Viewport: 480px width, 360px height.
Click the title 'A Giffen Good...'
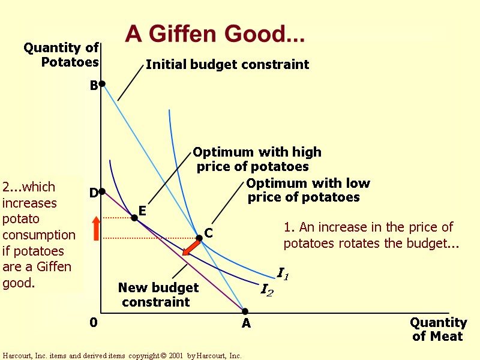pyautogui.click(x=215, y=35)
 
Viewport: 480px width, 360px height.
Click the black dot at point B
pyautogui.click(x=102, y=84)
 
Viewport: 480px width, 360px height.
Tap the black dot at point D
pyautogui.click(x=102, y=191)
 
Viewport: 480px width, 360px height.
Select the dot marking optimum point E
pyautogui.click(x=134, y=218)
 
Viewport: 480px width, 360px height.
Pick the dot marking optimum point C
pyautogui.click(x=200, y=238)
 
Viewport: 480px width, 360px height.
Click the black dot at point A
pyautogui.click(x=245, y=311)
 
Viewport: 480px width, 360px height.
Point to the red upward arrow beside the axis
pyautogui.click(x=96, y=229)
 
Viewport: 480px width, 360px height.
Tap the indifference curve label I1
pyautogui.click(x=283, y=274)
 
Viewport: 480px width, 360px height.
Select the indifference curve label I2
pyautogui.click(x=266, y=290)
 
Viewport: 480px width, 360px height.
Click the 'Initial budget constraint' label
pyautogui.click(x=227, y=64)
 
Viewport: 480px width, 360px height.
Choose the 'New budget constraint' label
pyautogui.click(x=158, y=295)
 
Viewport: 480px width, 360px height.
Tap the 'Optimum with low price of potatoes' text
pyautogui.click(x=307, y=190)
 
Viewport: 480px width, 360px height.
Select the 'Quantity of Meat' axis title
pyautogui.click(x=438, y=329)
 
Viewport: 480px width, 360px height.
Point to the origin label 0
pyautogui.click(x=94, y=323)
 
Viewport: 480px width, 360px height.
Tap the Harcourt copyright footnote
pyautogui.click(x=122, y=356)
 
